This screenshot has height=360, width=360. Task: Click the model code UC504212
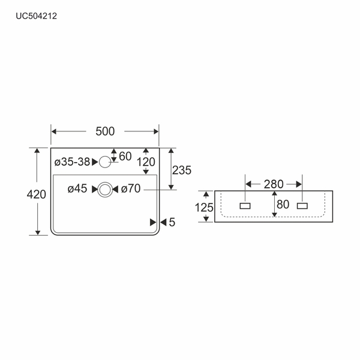click(36, 17)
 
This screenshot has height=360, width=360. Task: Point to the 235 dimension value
click(181, 170)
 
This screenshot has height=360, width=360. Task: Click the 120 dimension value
click(146, 161)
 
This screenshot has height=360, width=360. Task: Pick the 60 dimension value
click(125, 156)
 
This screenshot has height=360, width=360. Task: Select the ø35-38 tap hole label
click(71, 161)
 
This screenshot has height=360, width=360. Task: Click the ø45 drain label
click(77, 189)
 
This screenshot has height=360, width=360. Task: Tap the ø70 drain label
click(131, 189)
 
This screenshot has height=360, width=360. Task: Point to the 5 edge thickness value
click(172, 223)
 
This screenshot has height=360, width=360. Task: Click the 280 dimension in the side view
click(273, 184)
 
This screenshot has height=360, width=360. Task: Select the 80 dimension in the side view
click(283, 204)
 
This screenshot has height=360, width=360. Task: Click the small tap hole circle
click(105, 161)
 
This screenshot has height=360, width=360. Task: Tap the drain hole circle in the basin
click(105, 189)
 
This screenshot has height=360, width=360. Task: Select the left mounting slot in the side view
click(245, 205)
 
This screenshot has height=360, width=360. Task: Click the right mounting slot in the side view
click(302, 205)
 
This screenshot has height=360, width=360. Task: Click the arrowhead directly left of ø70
click(116, 189)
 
